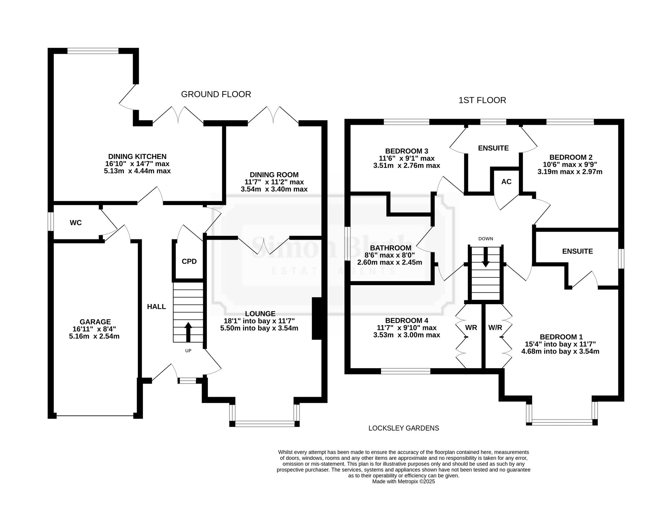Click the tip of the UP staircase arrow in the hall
(x=188, y=322)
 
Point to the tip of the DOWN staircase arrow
(x=486, y=267)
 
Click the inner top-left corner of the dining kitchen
(x=54, y=54)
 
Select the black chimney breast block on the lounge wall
(x=317, y=318)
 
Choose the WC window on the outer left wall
(x=50, y=221)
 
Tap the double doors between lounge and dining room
(x=264, y=246)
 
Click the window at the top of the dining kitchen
(x=93, y=51)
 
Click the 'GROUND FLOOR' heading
(x=216, y=94)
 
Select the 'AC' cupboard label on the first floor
(x=506, y=182)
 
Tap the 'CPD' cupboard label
(x=189, y=261)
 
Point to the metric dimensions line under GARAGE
(x=94, y=336)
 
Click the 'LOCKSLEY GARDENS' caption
(x=404, y=428)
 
